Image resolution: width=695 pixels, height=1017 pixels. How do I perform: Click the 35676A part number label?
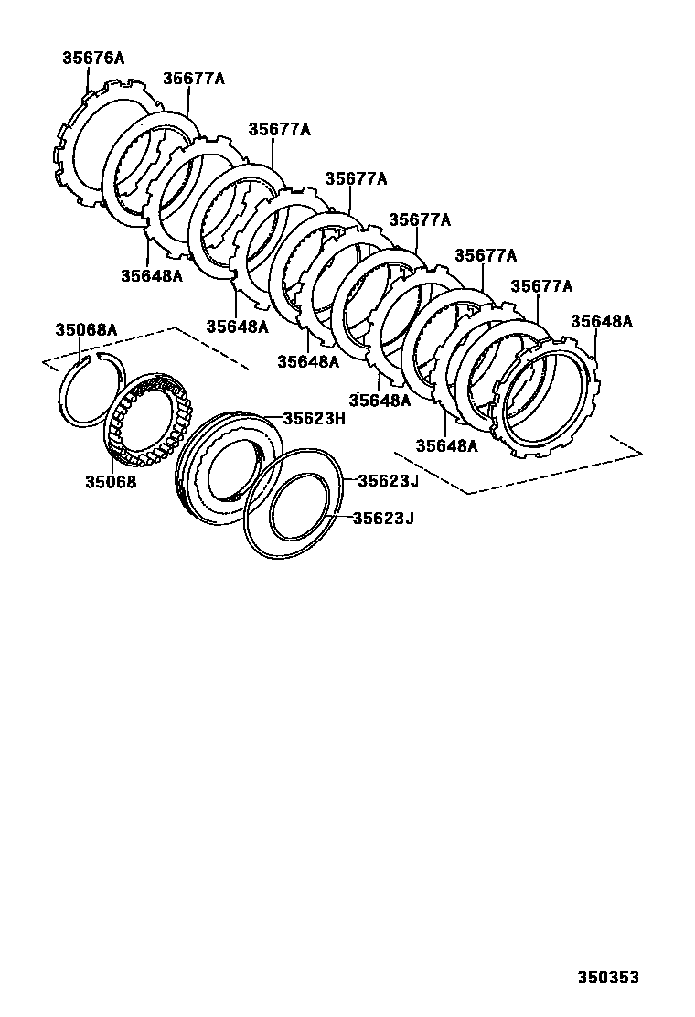92,58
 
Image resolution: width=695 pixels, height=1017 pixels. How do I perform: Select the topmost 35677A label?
193,79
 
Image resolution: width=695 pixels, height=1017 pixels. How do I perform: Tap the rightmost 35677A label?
540,286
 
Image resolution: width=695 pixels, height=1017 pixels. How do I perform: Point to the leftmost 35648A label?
151,274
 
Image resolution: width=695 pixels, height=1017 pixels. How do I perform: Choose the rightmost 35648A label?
601,321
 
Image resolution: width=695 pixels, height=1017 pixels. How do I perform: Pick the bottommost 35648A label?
446,446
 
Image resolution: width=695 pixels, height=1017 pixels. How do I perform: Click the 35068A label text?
86,329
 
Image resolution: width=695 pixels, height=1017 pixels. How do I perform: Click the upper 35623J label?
386,480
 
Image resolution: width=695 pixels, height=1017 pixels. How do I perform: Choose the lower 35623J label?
384,519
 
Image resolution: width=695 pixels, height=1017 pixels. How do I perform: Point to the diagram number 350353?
607,978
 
